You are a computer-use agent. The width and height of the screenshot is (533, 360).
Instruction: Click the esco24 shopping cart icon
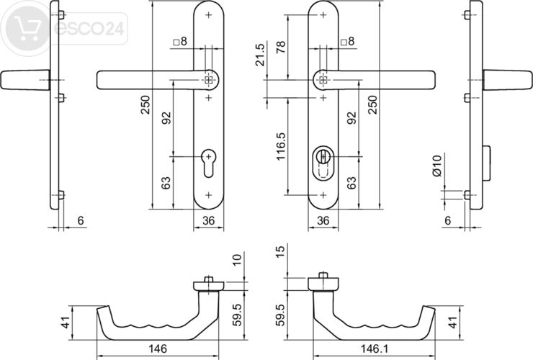click(x=24, y=29)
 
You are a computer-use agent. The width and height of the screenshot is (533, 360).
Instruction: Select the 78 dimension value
click(x=280, y=48)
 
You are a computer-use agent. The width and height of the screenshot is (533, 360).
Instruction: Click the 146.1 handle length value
click(x=373, y=348)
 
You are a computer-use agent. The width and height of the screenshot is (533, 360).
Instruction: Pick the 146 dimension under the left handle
click(x=157, y=348)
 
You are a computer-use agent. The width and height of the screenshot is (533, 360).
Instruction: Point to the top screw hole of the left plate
click(x=208, y=15)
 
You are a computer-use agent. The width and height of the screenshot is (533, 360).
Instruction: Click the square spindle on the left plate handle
click(x=208, y=80)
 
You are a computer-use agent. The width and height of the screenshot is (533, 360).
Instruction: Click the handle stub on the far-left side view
click(x=22, y=79)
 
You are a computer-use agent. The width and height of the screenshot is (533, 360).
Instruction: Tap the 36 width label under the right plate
click(x=323, y=220)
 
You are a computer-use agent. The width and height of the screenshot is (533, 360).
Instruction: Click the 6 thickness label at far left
click(x=81, y=220)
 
